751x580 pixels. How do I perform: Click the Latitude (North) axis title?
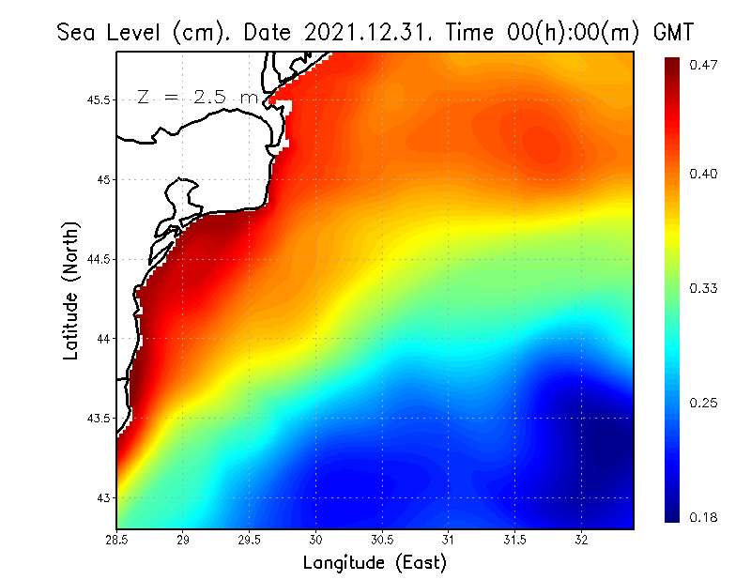click(x=71, y=290)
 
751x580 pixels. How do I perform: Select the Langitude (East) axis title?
click(x=375, y=563)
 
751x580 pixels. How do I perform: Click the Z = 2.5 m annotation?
click(x=197, y=97)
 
